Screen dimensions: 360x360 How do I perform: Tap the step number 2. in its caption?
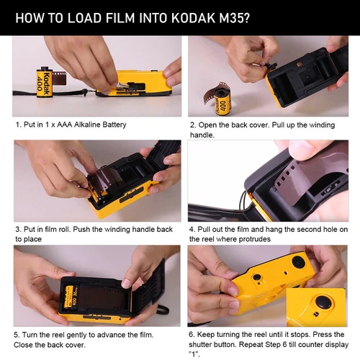pos(193,125)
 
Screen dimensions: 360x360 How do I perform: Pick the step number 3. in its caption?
pos(19,230)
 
